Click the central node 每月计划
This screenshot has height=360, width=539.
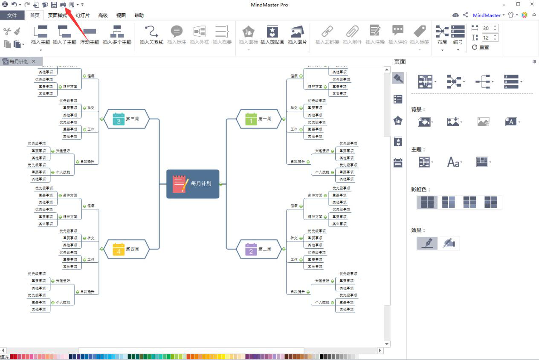(193, 184)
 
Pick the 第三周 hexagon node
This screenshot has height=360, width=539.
(127, 119)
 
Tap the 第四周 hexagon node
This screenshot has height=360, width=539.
(127, 249)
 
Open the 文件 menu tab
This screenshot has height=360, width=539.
(12, 15)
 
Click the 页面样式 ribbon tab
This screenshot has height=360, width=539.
(57, 15)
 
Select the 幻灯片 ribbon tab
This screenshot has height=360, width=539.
(82, 15)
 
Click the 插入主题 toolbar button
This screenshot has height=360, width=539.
(41, 35)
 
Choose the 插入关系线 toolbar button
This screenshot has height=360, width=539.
(151, 35)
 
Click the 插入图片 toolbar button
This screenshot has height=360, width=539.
(297, 35)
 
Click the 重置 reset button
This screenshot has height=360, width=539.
(481, 47)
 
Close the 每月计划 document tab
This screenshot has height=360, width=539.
(34, 61)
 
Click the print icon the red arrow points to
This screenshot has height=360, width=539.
(63, 5)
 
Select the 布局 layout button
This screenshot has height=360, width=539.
(442, 35)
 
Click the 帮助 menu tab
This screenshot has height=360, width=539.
(139, 15)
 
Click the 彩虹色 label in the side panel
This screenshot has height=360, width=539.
(420, 189)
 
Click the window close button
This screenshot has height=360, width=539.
(531, 4)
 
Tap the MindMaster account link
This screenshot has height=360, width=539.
(487, 15)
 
